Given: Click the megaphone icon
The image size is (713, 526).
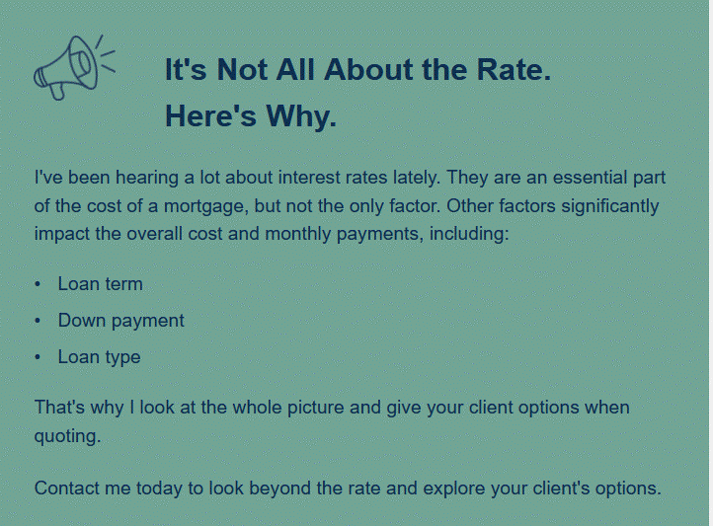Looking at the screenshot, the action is (x=74, y=68).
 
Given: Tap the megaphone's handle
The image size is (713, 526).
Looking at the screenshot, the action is (x=57, y=91).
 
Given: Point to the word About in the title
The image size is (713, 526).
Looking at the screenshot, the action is (x=368, y=69).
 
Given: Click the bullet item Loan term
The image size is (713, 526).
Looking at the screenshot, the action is (x=100, y=284).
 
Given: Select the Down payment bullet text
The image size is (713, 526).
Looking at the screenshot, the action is (x=120, y=321).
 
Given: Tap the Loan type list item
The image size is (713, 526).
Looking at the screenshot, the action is (x=99, y=357).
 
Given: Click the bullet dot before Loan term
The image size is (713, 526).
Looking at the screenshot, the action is (x=38, y=285).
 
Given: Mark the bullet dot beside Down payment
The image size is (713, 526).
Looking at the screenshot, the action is (x=38, y=321).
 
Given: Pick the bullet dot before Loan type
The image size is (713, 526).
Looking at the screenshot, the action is (x=38, y=357).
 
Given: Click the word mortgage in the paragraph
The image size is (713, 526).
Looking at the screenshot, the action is (x=205, y=206).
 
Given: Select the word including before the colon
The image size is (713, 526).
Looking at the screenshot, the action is (x=466, y=234).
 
